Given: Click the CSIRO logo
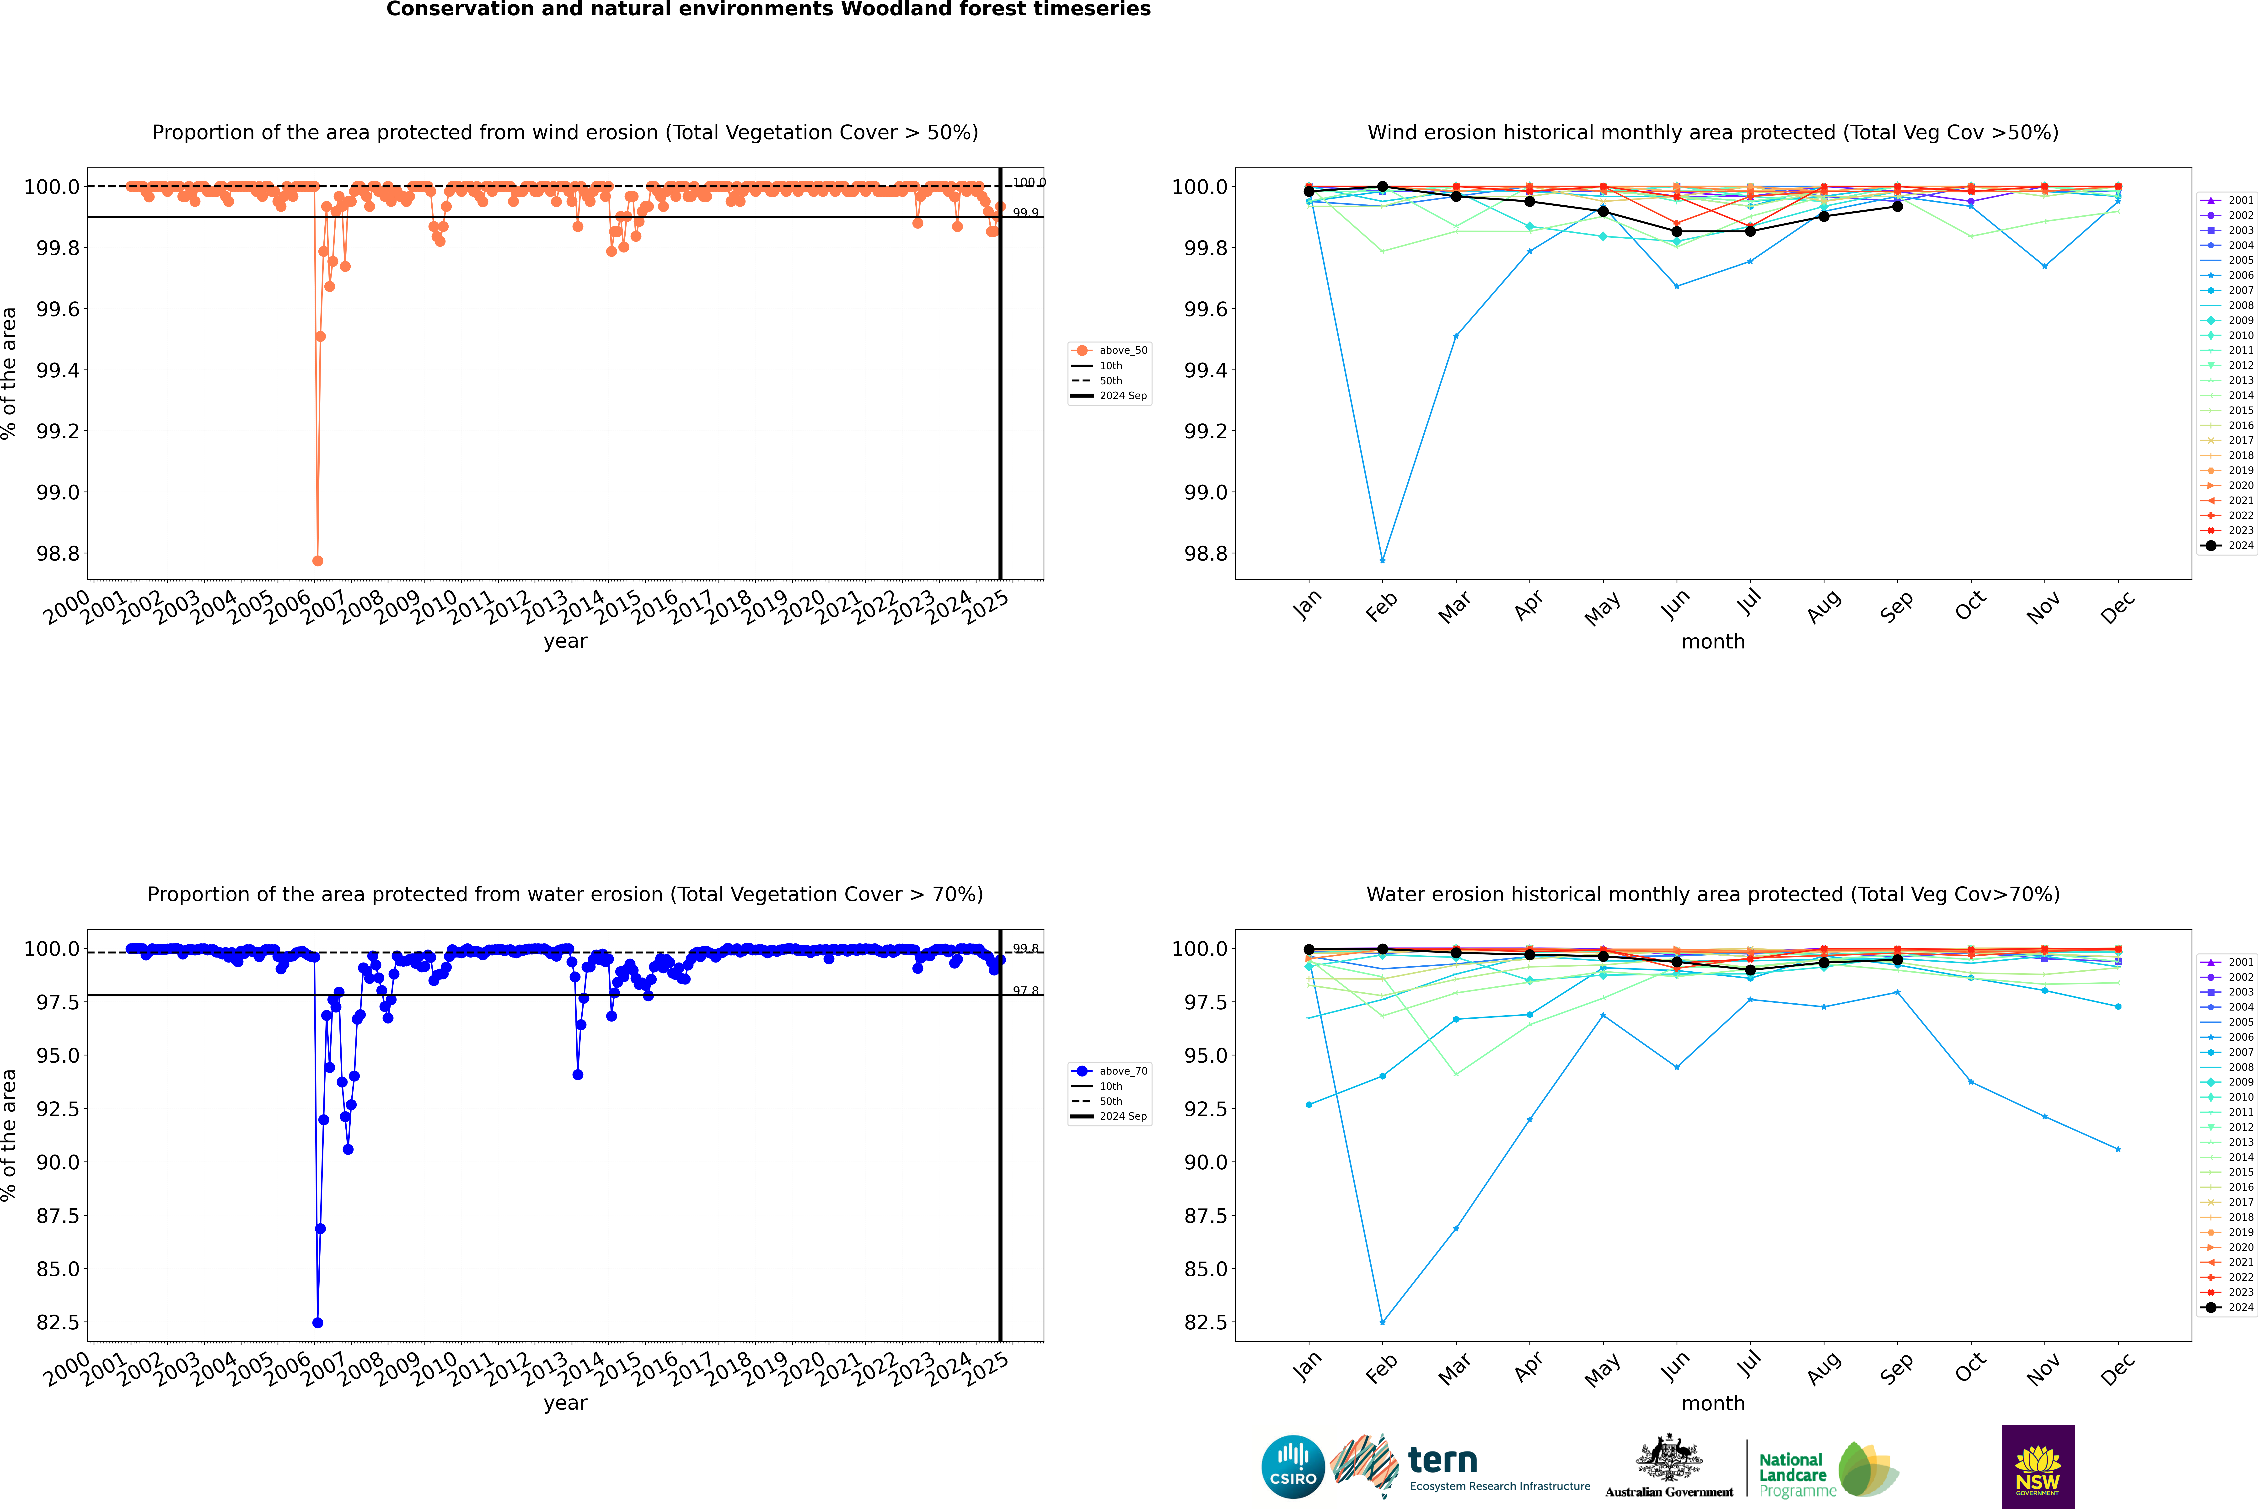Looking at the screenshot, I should coord(1293,1467).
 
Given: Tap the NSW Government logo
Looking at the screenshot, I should coord(2038,1467).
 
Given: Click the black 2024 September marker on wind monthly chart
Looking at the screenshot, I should coord(1897,206).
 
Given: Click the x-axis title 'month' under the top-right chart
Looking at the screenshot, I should coord(1712,642).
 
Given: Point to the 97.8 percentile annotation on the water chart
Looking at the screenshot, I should coord(1025,991).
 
